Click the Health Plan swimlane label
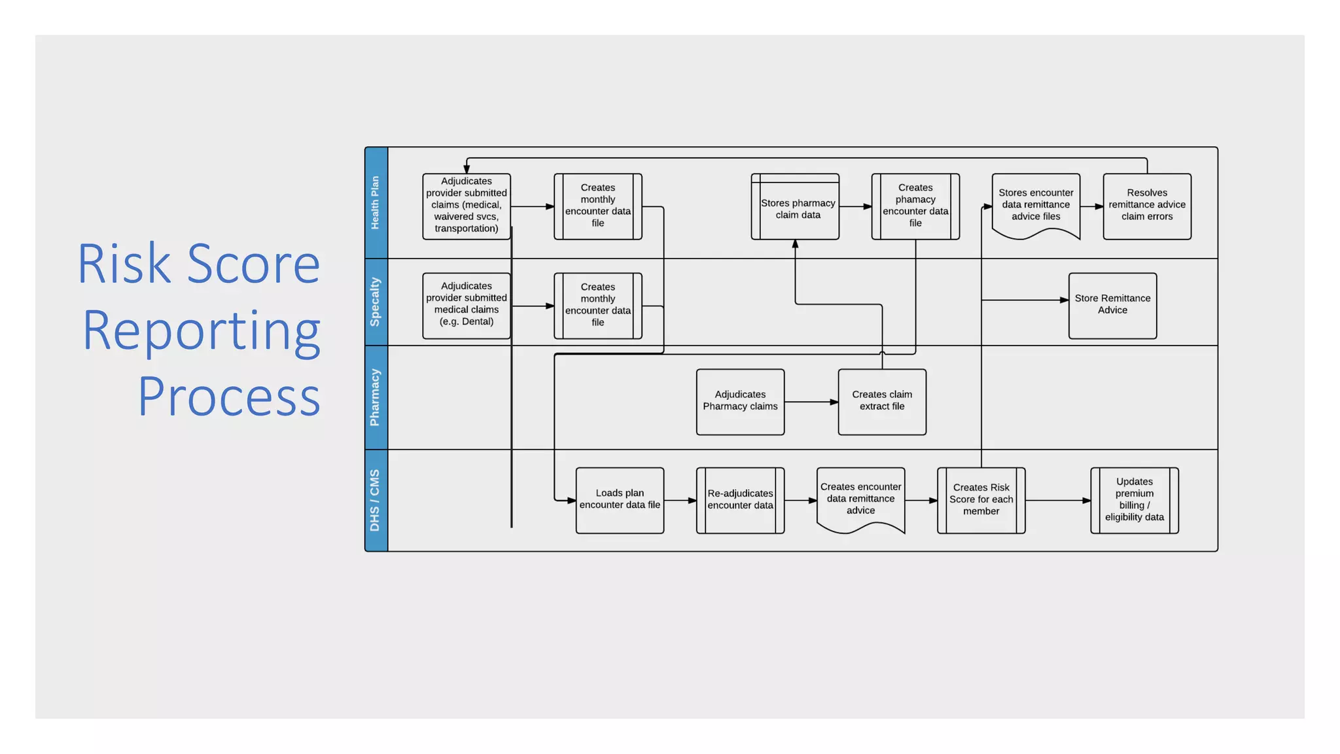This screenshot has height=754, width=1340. (x=376, y=203)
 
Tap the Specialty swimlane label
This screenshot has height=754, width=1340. (x=376, y=302)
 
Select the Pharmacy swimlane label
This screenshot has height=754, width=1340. (x=376, y=397)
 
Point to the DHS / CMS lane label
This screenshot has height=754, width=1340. (x=376, y=500)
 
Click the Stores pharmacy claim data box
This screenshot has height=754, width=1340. (x=795, y=208)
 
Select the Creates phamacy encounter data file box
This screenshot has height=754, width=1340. (x=915, y=206)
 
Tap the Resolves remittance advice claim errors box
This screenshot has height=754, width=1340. (x=1146, y=206)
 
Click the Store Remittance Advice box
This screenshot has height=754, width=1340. (x=1112, y=305)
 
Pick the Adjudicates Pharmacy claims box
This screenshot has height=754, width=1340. (x=740, y=401)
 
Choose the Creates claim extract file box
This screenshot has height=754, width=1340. (x=881, y=401)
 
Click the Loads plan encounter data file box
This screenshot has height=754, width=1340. (x=619, y=499)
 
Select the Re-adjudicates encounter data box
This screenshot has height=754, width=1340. (x=740, y=499)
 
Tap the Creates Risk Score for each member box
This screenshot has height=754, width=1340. (x=980, y=499)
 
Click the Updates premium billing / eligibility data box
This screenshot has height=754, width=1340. (x=1134, y=499)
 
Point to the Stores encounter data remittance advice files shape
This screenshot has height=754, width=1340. (x=1035, y=204)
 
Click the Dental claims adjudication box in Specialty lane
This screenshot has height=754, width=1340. (x=466, y=305)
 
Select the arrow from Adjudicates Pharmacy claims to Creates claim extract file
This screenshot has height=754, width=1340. (x=811, y=402)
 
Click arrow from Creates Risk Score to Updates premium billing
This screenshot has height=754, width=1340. (x=1057, y=501)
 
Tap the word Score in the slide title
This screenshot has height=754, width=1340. (x=254, y=264)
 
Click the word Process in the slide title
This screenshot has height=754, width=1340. (x=229, y=397)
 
